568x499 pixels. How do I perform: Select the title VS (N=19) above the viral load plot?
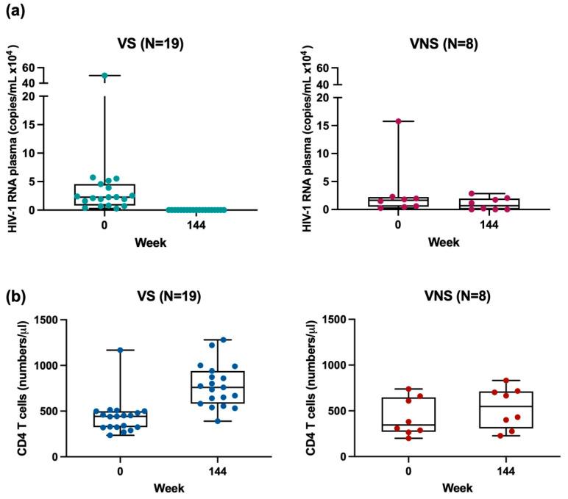point(151,43)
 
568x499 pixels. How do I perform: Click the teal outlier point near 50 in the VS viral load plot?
point(105,76)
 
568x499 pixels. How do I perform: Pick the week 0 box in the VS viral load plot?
point(105,195)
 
